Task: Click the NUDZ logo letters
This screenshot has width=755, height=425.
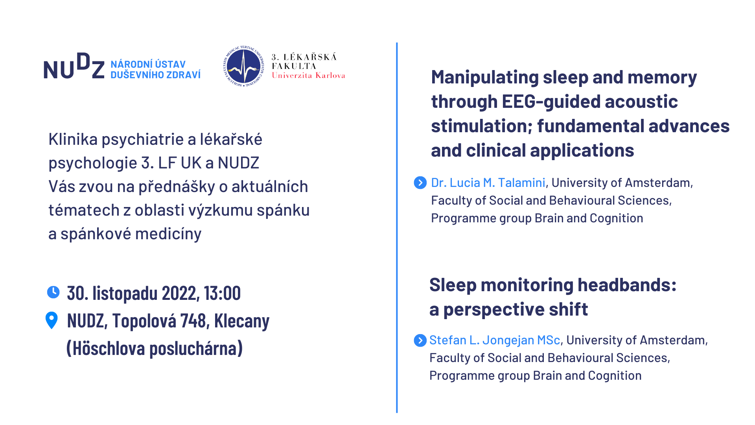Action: (x=74, y=66)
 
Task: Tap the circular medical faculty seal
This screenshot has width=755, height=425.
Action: (x=244, y=66)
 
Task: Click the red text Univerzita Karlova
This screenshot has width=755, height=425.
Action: (x=308, y=75)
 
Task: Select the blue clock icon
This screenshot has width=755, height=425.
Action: (x=53, y=292)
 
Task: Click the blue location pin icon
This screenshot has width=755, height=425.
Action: (x=52, y=320)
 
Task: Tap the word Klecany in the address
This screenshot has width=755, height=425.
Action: (x=242, y=321)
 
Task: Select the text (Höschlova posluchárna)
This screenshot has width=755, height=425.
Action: (x=155, y=348)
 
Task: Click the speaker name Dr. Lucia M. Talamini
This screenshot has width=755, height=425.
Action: (x=488, y=183)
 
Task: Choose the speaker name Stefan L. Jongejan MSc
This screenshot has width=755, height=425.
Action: (x=495, y=340)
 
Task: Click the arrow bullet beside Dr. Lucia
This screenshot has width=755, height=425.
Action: (x=420, y=183)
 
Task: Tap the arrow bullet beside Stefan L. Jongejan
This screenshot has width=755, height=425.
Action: (x=420, y=340)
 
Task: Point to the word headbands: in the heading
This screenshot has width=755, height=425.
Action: (x=627, y=285)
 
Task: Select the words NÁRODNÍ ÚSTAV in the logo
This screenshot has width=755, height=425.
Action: (x=148, y=64)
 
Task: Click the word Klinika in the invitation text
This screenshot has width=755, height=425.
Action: (x=73, y=139)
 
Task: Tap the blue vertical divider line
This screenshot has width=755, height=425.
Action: (x=397, y=227)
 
